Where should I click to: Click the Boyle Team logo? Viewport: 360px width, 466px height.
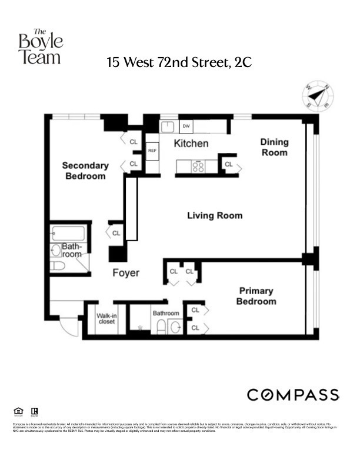click(40, 46)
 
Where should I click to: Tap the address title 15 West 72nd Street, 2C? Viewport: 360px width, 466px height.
click(179, 62)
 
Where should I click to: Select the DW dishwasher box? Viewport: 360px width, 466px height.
click(186, 126)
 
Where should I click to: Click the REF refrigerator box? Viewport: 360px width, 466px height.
click(152, 151)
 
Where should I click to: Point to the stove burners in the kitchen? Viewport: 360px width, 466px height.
click(199, 167)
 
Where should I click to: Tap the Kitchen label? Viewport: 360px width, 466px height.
click(191, 144)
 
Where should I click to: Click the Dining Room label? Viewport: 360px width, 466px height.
click(274, 147)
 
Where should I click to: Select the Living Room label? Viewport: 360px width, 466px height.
click(215, 215)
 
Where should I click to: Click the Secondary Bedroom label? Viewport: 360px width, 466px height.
click(85, 171)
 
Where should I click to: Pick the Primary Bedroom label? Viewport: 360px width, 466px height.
click(256, 296)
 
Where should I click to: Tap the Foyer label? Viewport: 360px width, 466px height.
click(126, 273)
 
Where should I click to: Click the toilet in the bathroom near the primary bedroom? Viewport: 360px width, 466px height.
click(161, 327)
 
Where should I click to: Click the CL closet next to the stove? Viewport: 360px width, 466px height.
click(229, 165)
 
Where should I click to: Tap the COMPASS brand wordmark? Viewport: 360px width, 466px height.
click(292, 395)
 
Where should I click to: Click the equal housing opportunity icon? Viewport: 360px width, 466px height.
click(16, 411)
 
